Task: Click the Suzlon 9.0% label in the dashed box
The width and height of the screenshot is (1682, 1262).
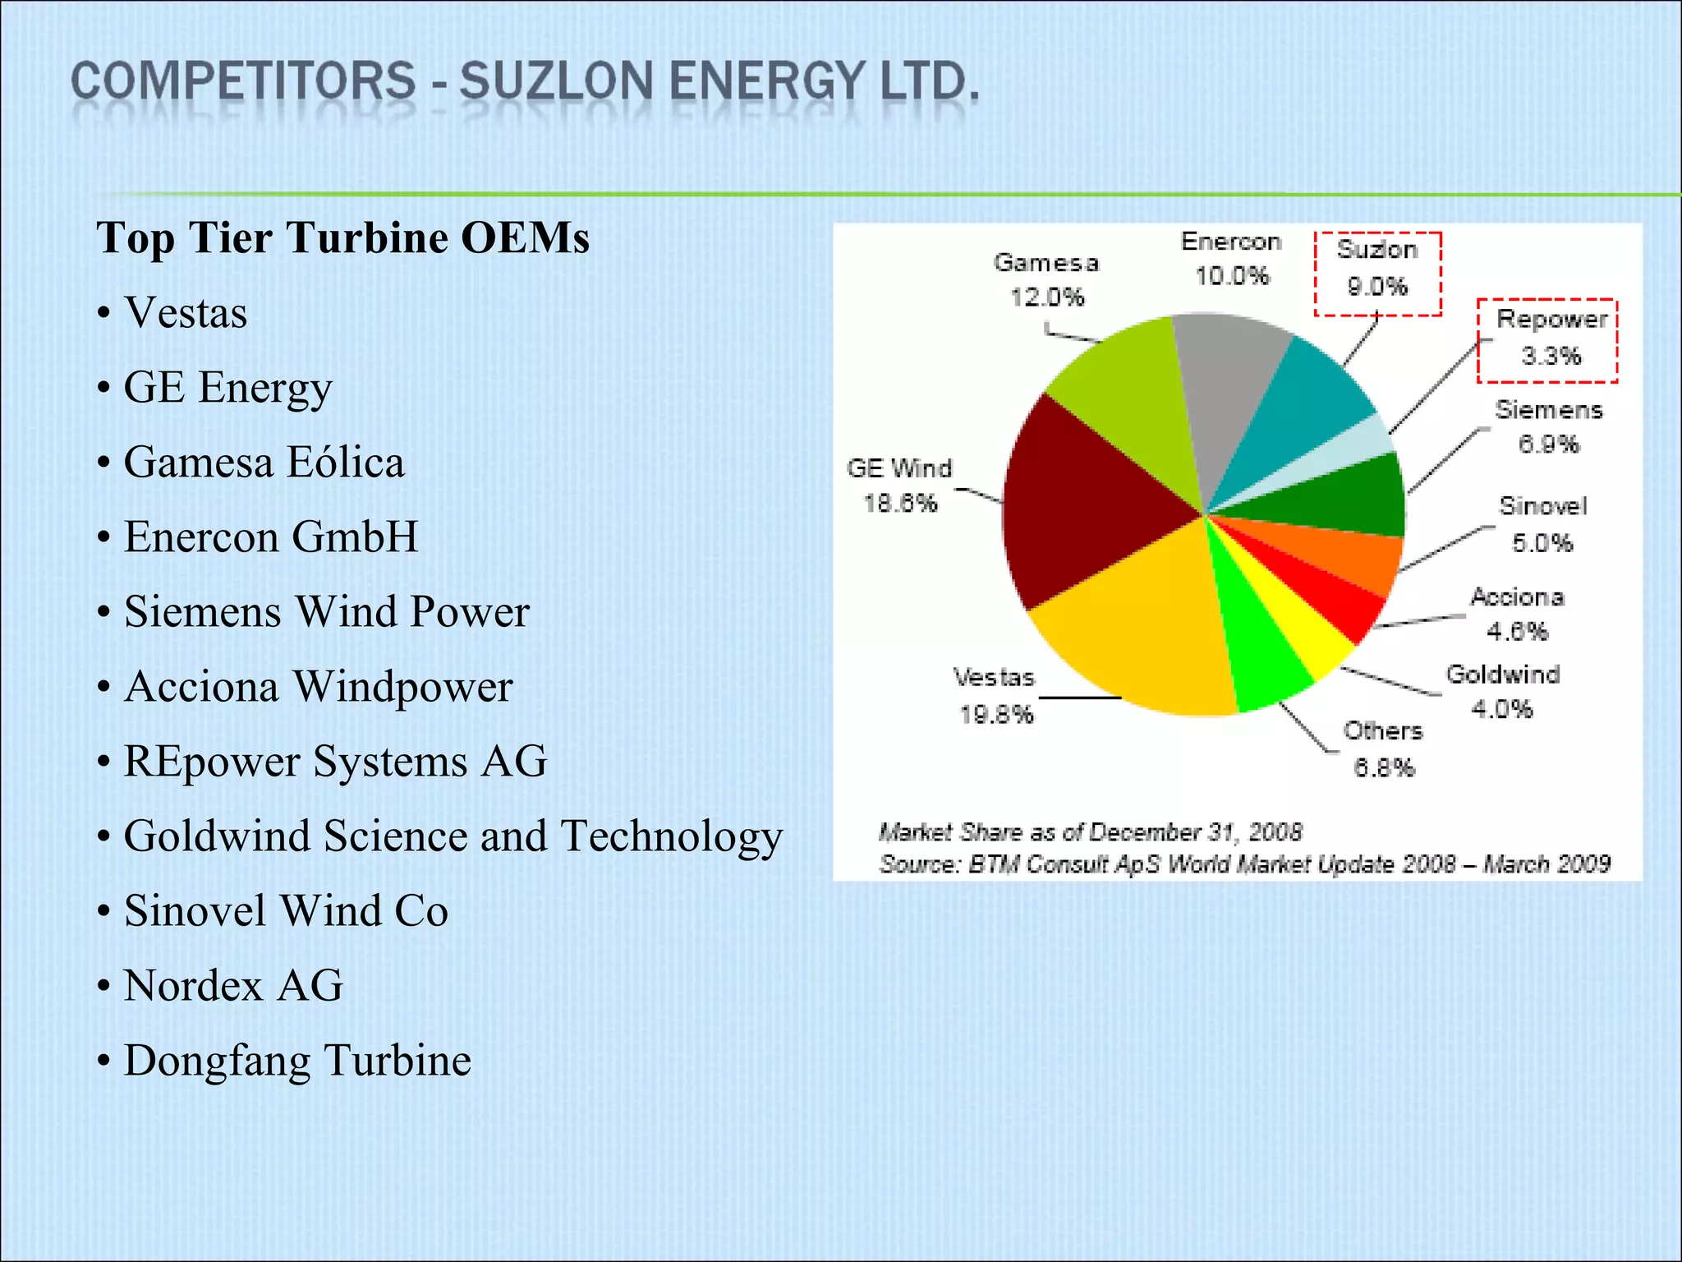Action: click(x=1377, y=268)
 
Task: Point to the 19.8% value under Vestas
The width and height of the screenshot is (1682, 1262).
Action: click(x=995, y=715)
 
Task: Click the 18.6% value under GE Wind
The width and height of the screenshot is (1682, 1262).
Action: click(x=900, y=504)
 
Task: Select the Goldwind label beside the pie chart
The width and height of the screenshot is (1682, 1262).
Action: click(x=1503, y=675)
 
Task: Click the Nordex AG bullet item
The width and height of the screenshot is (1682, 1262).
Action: click(x=233, y=985)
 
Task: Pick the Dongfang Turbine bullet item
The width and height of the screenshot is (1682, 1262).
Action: click(x=297, y=1060)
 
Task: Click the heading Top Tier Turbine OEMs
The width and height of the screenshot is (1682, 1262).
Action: click(x=343, y=237)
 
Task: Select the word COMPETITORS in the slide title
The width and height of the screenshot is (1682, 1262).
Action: click(x=244, y=82)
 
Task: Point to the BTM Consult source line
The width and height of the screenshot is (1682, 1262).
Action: click(x=1244, y=864)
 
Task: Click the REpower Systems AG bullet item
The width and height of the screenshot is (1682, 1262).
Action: click(x=335, y=761)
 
